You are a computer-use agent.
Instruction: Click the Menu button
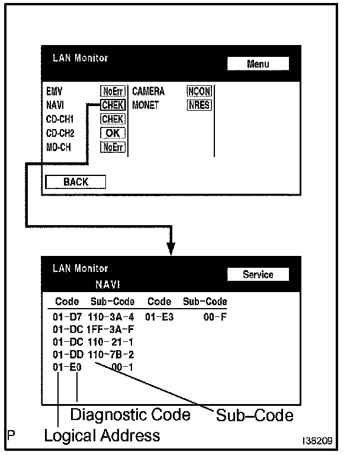(x=258, y=64)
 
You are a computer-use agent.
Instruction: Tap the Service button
(x=258, y=274)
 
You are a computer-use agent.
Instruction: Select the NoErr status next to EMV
(x=112, y=92)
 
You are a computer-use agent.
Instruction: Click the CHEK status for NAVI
(x=112, y=105)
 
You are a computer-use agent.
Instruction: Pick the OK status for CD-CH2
(x=112, y=133)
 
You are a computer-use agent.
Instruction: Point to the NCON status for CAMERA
(x=200, y=92)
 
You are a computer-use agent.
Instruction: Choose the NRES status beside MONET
(x=200, y=105)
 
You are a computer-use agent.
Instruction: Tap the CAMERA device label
(x=148, y=92)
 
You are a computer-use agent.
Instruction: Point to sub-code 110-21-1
(x=110, y=342)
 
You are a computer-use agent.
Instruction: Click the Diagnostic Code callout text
(x=130, y=414)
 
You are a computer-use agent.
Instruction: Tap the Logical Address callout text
(x=102, y=436)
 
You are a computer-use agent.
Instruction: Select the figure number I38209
(x=317, y=441)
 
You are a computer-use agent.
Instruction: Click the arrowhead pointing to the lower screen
(x=172, y=249)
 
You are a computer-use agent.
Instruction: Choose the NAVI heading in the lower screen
(x=108, y=285)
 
